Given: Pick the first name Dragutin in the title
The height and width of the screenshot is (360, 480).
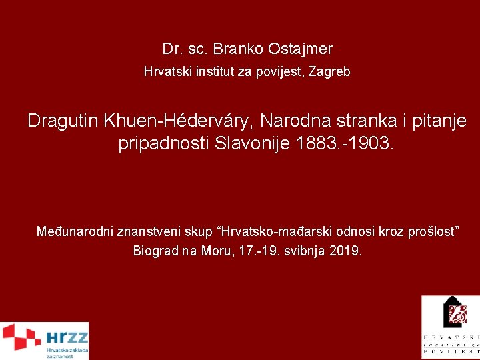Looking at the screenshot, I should pos(63,121).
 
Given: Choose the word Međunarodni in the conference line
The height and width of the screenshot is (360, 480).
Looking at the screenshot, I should pos(75,232).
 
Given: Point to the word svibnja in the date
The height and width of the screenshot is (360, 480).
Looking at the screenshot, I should pos(304,251).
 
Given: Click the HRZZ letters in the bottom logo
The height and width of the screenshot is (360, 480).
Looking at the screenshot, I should pos(67,337).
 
